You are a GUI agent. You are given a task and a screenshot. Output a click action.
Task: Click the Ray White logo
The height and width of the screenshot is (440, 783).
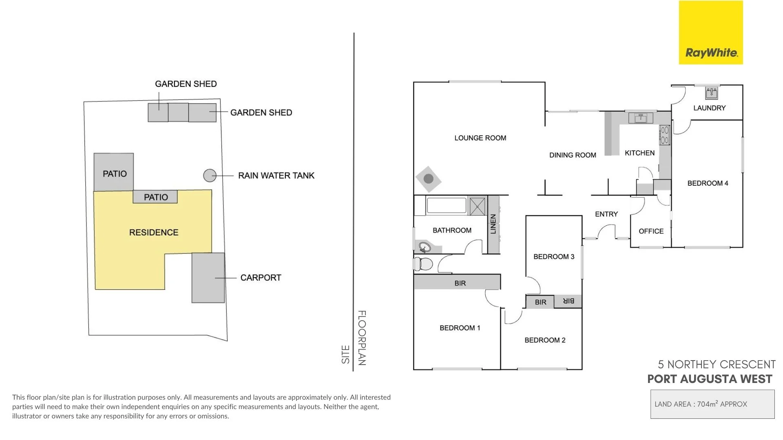[x=711, y=32]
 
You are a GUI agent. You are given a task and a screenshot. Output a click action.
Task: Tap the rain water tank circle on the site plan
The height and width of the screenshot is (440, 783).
[x=210, y=176]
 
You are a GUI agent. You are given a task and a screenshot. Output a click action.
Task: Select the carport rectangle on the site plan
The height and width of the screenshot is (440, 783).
[x=208, y=278]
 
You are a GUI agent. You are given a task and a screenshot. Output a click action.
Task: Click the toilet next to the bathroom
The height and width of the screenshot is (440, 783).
[x=423, y=264]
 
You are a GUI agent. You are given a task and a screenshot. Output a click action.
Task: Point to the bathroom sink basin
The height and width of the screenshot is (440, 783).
[x=425, y=247]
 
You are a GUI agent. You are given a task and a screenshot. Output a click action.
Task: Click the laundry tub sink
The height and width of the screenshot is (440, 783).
[x=712, y=93]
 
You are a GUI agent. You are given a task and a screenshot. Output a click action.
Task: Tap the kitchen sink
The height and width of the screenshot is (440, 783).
[x=641, y=119]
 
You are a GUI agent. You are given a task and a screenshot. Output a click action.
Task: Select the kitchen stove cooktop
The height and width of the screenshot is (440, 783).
[x=664, y=135]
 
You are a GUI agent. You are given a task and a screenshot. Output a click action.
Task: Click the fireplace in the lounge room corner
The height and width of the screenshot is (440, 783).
[x=428, y=178]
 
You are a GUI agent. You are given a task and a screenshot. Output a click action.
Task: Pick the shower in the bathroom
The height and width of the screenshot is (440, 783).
[x=477, y=207]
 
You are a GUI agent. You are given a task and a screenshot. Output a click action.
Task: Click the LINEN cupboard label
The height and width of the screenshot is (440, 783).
[x=493, y=224]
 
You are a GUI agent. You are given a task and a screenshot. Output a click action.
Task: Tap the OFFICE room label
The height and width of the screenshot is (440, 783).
[x=651, y=231]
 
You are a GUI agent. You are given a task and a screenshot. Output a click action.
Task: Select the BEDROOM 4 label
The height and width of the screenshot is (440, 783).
[x=708, y=183]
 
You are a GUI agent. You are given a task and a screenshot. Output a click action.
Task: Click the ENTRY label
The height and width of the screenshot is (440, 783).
[x=606, y=214]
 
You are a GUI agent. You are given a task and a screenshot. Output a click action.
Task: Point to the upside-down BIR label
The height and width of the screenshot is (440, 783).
[x=568, y=301]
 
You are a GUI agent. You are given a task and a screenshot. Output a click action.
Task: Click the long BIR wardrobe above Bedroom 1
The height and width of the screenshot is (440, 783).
[x=457, y=282]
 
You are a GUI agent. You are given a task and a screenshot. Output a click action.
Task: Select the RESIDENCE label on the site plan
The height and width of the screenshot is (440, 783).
[x=154, y=233]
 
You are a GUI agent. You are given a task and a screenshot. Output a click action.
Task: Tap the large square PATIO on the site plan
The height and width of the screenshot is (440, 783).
[x=114, y=172]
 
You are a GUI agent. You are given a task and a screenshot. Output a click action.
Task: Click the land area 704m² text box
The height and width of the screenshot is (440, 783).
[x=712, y=404]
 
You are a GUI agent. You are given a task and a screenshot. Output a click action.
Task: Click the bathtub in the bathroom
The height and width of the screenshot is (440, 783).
[x=446, y=206]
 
